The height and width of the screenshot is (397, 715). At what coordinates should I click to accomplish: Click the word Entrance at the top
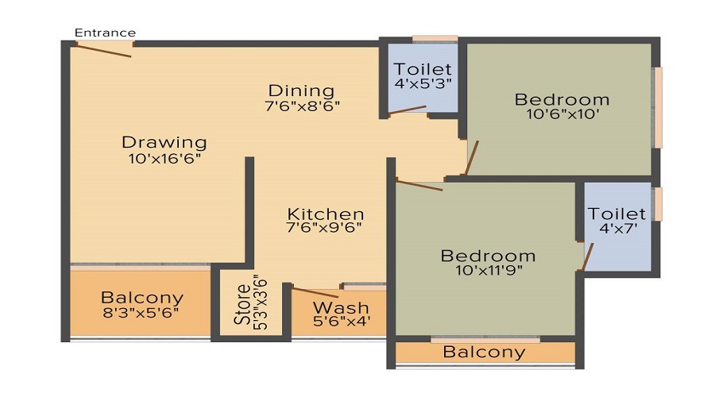[x=105, y=33]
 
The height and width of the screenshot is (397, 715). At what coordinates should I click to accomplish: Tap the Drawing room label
[x=164, y=143]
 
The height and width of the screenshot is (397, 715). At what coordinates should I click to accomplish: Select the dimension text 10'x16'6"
[x=164, y=158]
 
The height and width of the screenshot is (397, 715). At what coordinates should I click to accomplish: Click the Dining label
[x=301, y=91]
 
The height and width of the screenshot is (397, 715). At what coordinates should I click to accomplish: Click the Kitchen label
[x=326, y=214]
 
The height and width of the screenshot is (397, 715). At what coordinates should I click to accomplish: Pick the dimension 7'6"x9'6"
[x=326, y=229]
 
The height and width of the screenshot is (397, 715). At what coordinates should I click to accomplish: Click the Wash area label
[x=340, y=307]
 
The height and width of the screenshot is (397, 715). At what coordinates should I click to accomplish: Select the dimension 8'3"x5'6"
[x=141, y=312]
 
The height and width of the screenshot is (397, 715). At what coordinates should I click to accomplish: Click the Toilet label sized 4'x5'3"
[x=423, y=69]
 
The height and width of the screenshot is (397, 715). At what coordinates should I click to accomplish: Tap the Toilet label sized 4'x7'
[x=616, y=214]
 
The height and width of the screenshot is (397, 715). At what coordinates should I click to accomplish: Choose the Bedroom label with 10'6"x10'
[x=562, y=99]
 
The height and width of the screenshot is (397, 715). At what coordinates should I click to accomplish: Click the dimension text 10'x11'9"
[x=489, y=270]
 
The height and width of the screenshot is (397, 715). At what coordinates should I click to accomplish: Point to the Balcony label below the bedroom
[x=485, y=352]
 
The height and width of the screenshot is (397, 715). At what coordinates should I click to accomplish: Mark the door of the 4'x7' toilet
[x=588, y=256]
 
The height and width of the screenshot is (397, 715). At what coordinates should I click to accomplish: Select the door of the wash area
[x=315, y=293]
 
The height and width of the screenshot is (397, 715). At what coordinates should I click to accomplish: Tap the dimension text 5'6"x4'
[x=340, y=322]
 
